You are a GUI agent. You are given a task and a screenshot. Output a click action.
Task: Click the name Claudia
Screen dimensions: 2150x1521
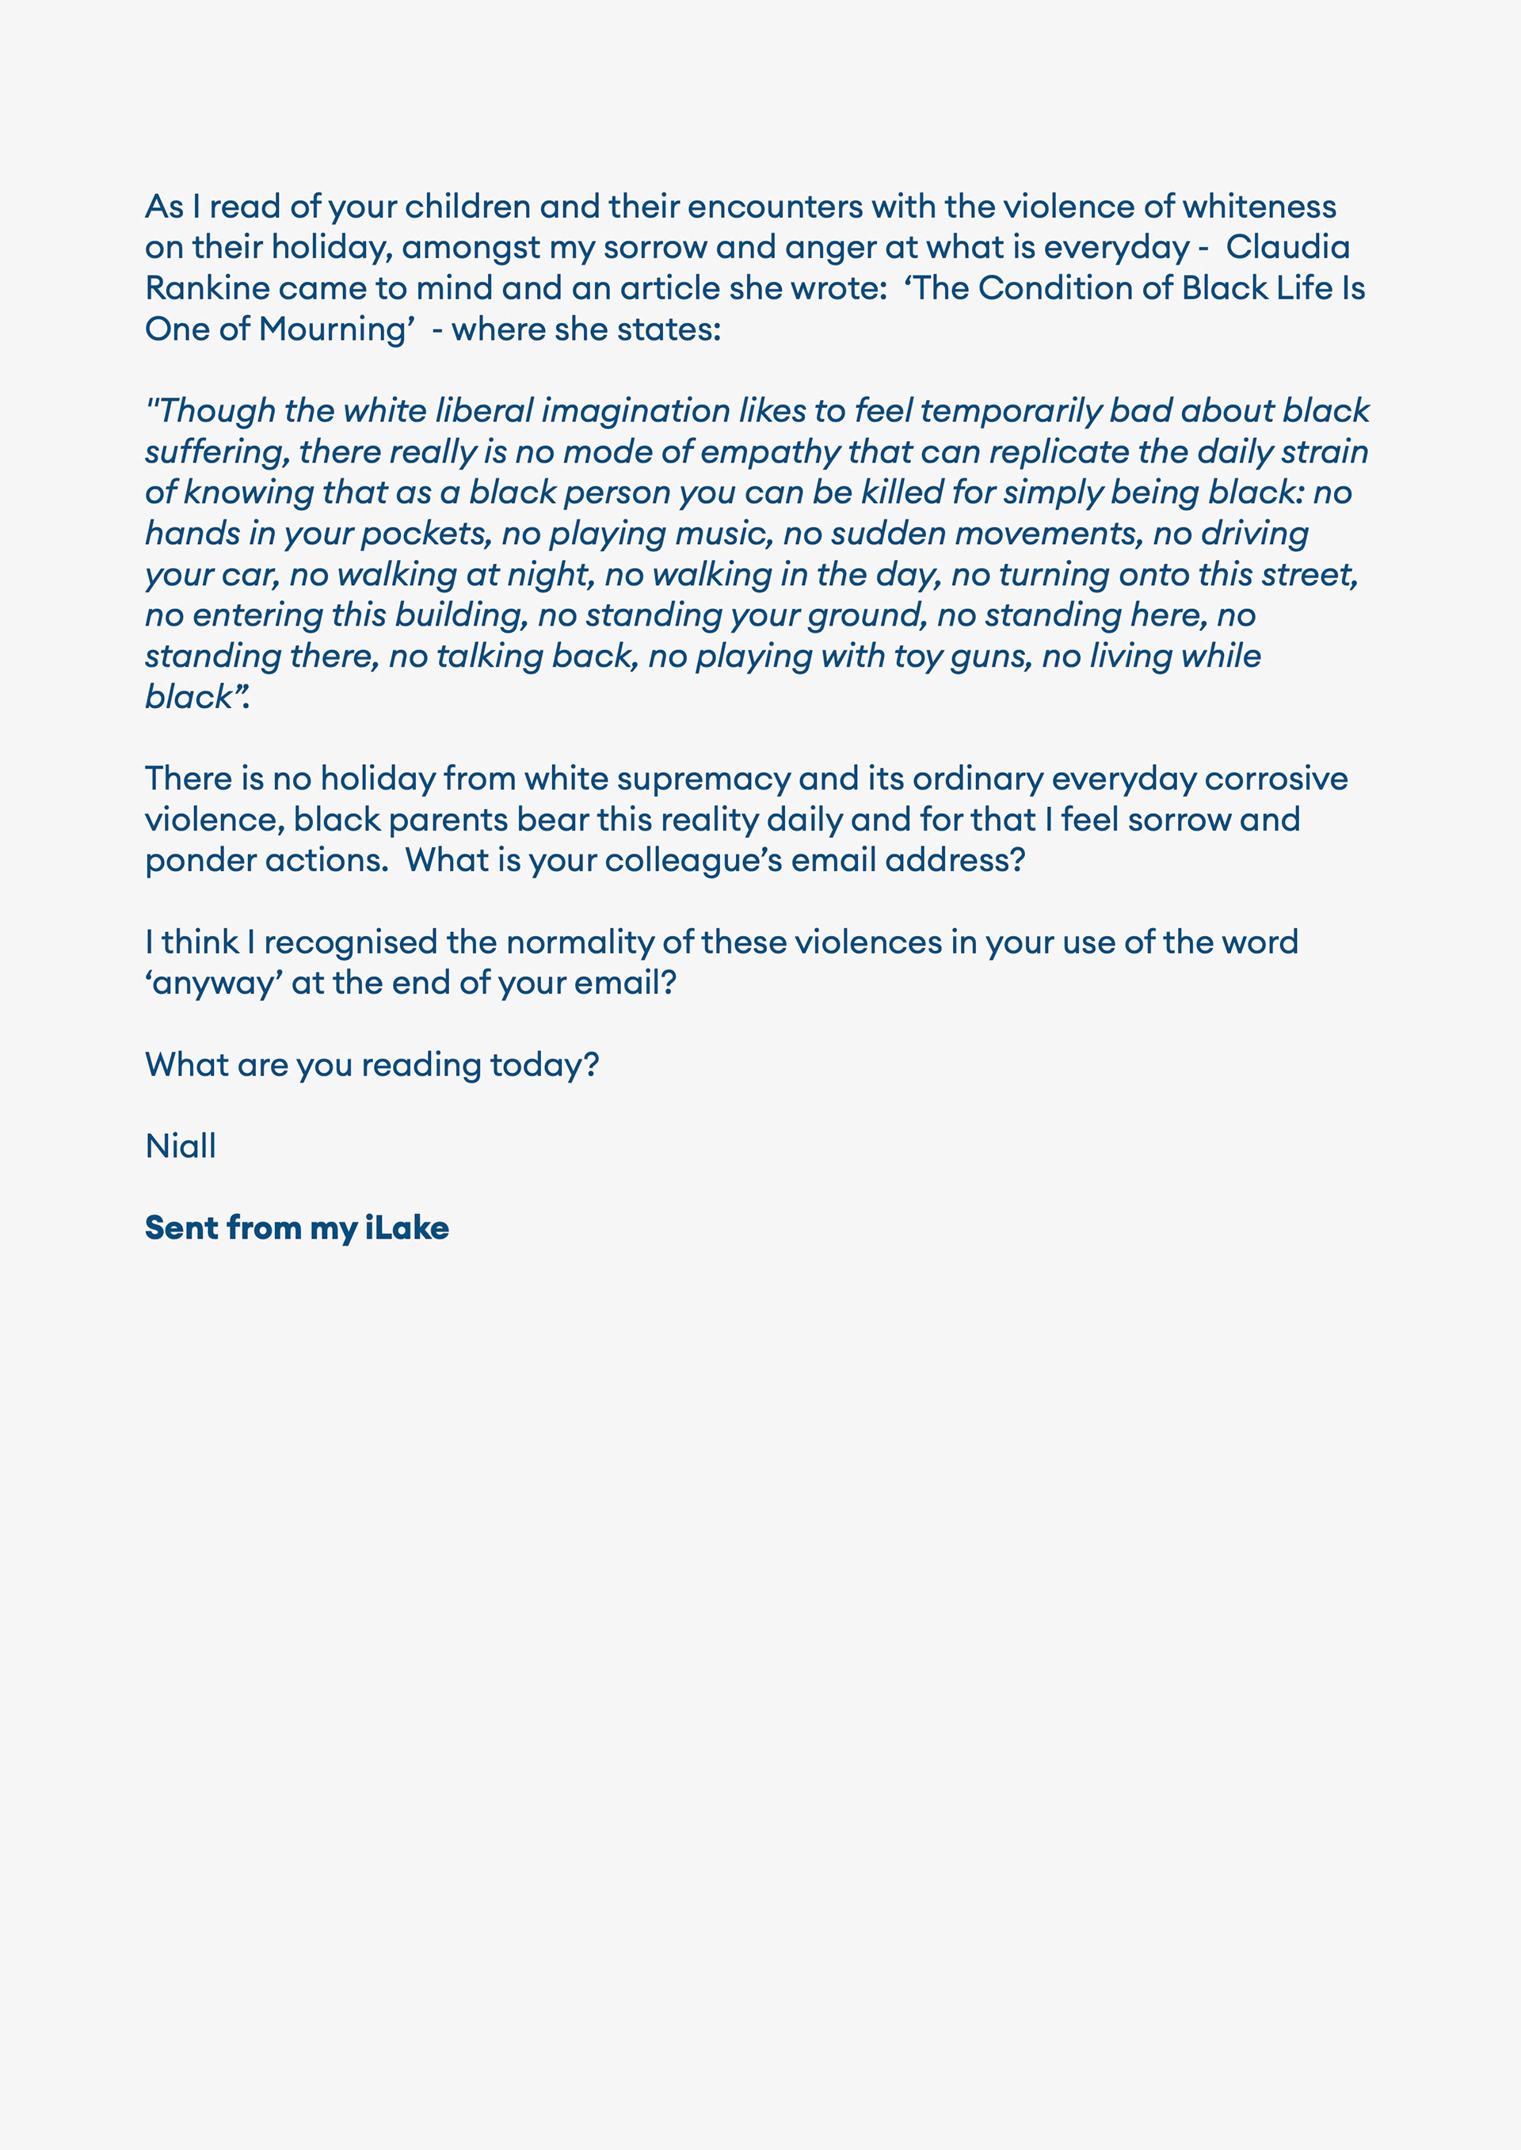[1288, 247]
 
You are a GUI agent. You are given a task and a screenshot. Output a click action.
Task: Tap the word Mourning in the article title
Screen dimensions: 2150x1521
[335, 329]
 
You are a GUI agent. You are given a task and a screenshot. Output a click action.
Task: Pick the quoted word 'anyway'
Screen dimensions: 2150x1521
[215, 984]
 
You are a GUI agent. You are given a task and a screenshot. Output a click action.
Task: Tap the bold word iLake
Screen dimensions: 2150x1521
[406, 1227]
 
